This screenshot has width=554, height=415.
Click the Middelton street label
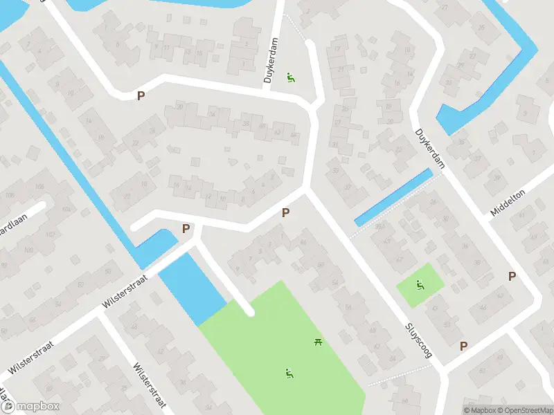pos(508,202)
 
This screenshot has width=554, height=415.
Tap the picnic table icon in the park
pos(319,341)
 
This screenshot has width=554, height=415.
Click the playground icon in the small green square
pos(420,284)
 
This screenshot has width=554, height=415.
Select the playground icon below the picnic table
pos(288,374)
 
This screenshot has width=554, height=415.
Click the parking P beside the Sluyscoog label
pos(463,346)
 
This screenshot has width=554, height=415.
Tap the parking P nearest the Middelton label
pos(512,276)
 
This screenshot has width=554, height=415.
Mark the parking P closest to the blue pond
pos(186,229)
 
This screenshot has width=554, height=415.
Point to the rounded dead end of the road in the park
pos(249,312)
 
